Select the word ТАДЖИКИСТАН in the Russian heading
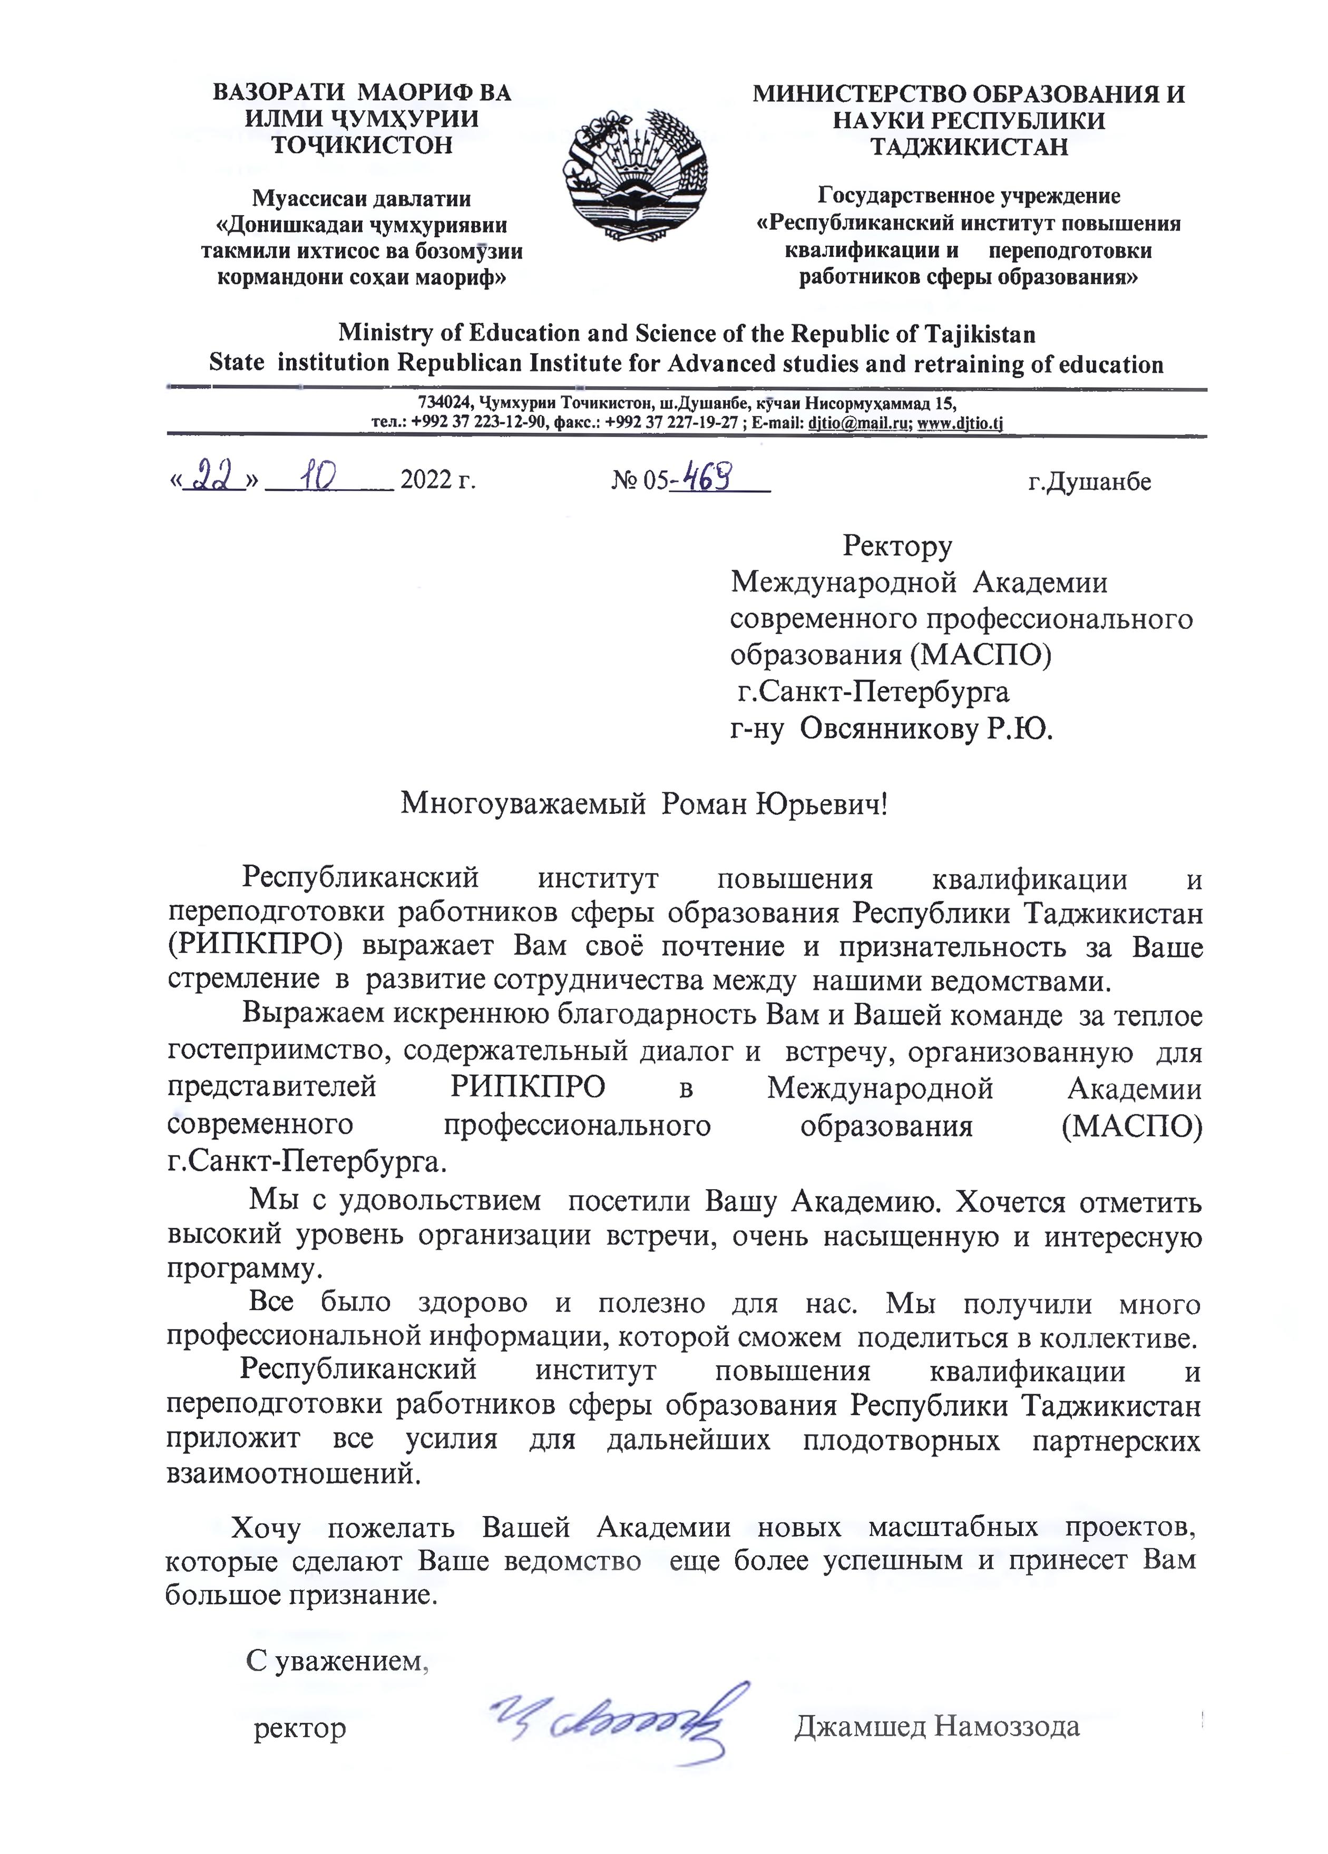coord(969,147)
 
